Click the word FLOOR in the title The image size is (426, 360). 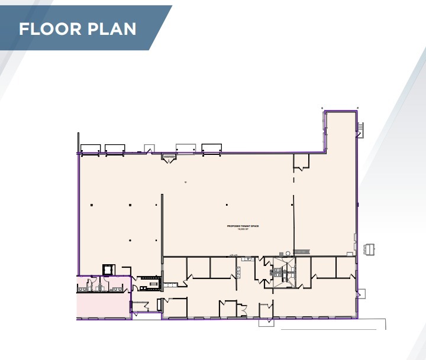click(x=49, y=29)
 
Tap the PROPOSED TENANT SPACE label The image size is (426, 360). click(x=244, y=226)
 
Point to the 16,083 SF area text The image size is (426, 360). click(x=244, y=229)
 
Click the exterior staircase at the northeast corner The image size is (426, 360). click(x=360, y=129)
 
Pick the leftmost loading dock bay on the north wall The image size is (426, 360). click(x=90, y=149)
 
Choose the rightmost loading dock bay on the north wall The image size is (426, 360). click(x=211, y=148)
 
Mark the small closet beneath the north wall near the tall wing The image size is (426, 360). click(x=301, y=161)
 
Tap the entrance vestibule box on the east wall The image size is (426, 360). click(x=361, y=293)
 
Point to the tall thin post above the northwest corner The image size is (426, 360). click(x=78, y=142)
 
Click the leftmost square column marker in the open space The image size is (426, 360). click(x=92, y=205)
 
